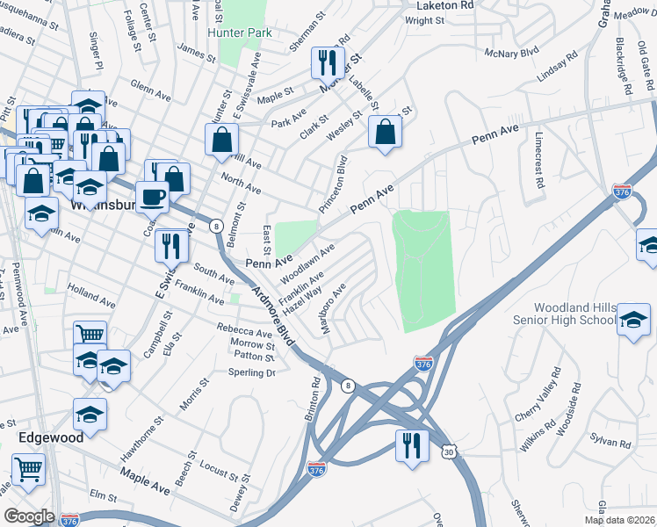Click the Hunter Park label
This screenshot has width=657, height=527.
(240, 32)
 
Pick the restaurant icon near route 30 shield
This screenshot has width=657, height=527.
(409, 444)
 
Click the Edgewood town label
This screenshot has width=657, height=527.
(51, 437)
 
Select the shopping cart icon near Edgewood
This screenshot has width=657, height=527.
(28, 468)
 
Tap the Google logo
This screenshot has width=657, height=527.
(29, 516)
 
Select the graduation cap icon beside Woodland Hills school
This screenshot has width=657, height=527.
(632, 320)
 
